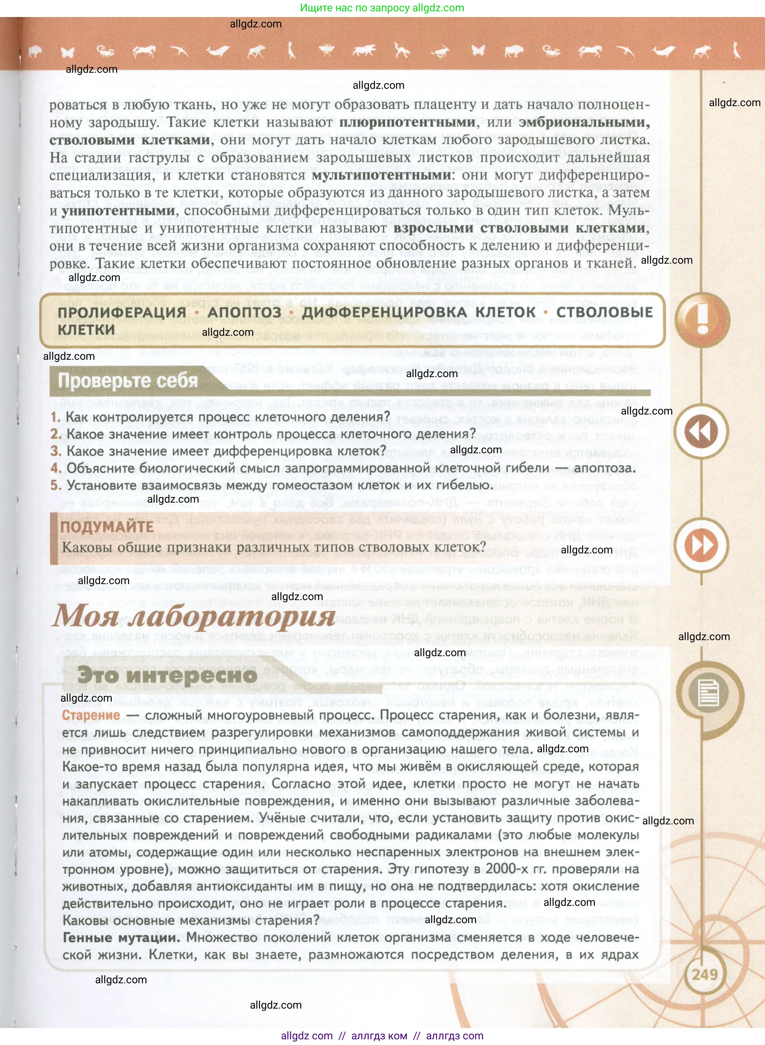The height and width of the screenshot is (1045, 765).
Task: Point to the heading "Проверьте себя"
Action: (x=128, y=381)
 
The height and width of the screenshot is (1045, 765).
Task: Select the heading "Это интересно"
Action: (x=167, y=675)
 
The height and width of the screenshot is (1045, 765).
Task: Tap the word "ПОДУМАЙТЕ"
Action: (x=107, y=527)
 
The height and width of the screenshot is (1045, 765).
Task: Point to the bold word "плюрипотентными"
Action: (x=407, y=122)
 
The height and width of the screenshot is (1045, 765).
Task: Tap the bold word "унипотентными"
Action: (x=118, y=211)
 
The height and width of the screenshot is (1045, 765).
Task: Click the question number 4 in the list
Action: (x=56, y=468)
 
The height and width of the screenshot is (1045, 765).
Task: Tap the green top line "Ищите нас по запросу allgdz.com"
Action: (x=382, y=8)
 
